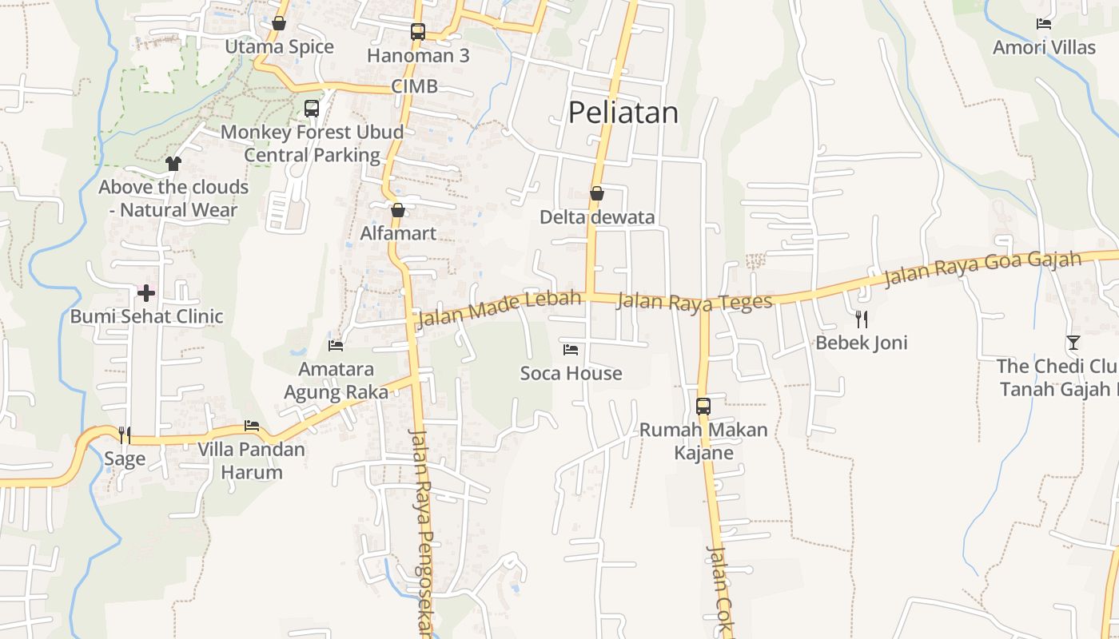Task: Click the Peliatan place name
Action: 623,113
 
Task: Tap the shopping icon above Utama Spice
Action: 279,24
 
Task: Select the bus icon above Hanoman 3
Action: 418,32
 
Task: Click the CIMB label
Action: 415,86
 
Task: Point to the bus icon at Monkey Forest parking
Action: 312,108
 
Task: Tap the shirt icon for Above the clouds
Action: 173,164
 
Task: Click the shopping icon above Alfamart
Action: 398,210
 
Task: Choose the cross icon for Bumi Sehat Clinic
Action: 146,293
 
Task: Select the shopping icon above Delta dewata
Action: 597,193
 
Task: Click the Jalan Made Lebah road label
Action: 499,309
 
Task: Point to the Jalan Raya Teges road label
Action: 695,301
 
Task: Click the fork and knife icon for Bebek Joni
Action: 862,319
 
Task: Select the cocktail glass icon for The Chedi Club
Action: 1073,343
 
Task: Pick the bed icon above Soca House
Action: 571,350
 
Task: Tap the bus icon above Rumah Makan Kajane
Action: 703,406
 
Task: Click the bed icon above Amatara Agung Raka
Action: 336,346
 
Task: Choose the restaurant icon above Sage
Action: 125,435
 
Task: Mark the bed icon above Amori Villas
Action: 1044,24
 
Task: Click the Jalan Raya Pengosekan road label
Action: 421,531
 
